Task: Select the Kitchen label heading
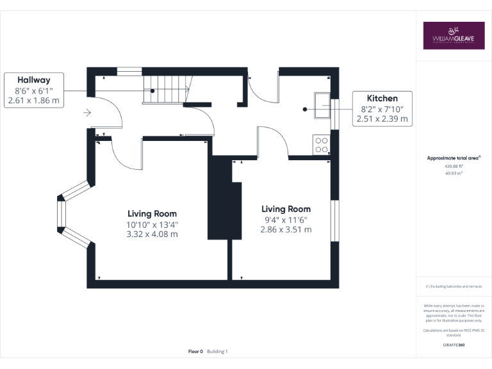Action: (x=382, y=98)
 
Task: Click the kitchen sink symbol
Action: (x=321, y=103)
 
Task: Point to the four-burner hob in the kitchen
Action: (x=320, y=145)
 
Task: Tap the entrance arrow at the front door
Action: (x=87, y=113)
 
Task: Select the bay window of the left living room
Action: (x=72, y=214)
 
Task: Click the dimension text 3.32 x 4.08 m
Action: (x=152, y=234)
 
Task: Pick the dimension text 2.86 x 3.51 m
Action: (x=286, y=229)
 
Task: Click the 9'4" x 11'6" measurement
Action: (x=286, y=219)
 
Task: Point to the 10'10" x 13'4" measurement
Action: (x=152, y=224)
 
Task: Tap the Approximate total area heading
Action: (x=453, y=158)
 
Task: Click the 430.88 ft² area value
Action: (x=453, y=165)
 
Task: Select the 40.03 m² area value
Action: (x=453, y=173)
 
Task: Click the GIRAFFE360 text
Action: (x=453, y=345)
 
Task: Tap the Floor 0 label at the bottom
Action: (x=195, y=352)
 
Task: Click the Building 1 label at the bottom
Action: (x=217, y=352)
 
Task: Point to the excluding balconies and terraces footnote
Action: (x=453, y=286)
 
